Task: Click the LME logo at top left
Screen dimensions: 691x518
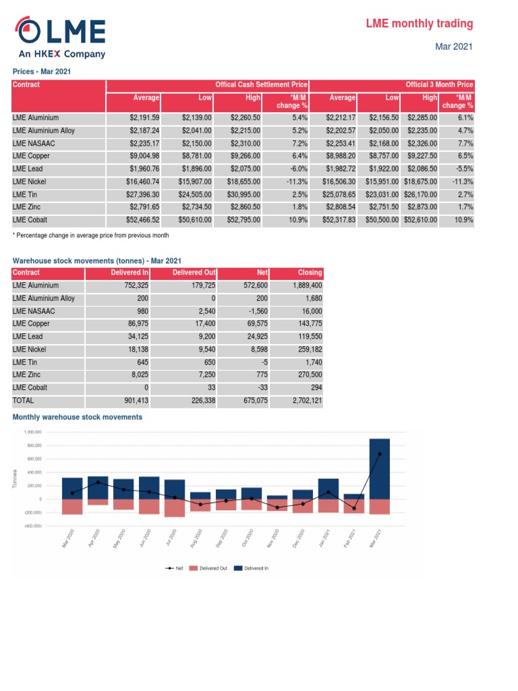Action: click(x=61, y=36)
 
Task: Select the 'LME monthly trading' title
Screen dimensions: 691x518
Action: click(x=419, y=24)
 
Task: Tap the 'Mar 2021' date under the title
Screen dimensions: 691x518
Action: click(x=454, y=47)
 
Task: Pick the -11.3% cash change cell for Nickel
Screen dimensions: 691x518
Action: click(x=296, y=182)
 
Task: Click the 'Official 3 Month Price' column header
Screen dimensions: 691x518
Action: click(x=439, y=85)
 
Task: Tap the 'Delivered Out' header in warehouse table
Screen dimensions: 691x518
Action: click(x=194, y=273)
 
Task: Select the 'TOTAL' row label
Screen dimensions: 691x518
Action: click(x=24, y=401)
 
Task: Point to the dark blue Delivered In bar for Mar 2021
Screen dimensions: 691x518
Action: click(x=379, y=468)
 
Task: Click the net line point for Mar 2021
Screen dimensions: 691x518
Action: click(x=379, y=454)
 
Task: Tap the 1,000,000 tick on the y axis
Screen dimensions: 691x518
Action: click(x=33, y=432)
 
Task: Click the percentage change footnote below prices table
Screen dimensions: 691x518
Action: click(x=91, y=236)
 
